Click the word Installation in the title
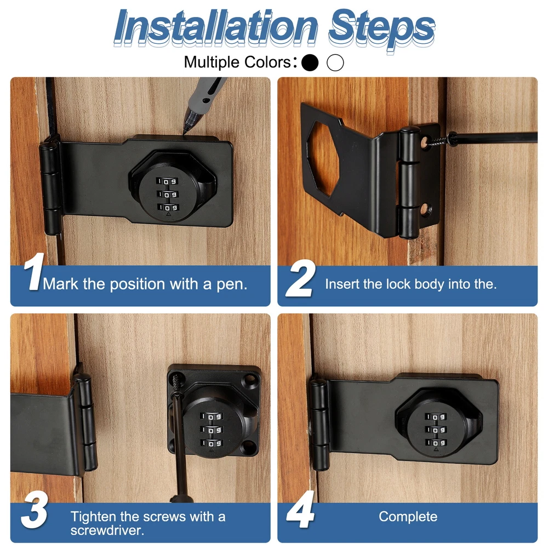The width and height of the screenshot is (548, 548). click(x=215, y=27)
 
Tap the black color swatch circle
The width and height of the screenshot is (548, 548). click(x=310, y=62)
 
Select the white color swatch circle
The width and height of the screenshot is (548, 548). click(x=335, y=62)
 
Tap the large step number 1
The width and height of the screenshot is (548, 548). click(x=34, y=272)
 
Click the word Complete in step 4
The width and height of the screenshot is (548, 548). click(x=408, y=517)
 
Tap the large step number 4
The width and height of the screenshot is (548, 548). click(x=300, y=510)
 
